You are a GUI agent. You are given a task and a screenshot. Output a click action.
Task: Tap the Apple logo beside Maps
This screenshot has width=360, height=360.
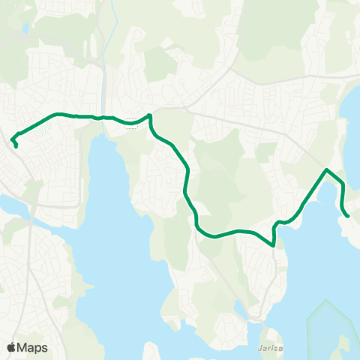click(11, 347)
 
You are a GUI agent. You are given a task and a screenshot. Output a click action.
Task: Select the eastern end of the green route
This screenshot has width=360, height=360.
click(348, 216)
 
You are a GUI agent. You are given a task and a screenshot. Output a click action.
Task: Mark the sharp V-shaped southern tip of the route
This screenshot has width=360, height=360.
click(274, 244)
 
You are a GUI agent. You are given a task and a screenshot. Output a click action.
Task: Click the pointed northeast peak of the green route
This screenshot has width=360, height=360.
click(326, 170)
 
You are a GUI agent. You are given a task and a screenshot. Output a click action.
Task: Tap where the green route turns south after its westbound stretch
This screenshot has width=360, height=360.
click(151, 115)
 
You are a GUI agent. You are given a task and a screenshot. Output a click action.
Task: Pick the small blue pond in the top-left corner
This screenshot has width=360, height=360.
click(27, 28)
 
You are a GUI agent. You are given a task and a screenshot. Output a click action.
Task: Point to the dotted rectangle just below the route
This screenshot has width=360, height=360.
click(133, 124)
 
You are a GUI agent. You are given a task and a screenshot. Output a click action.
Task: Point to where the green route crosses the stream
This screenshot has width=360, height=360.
click(103, 117)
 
